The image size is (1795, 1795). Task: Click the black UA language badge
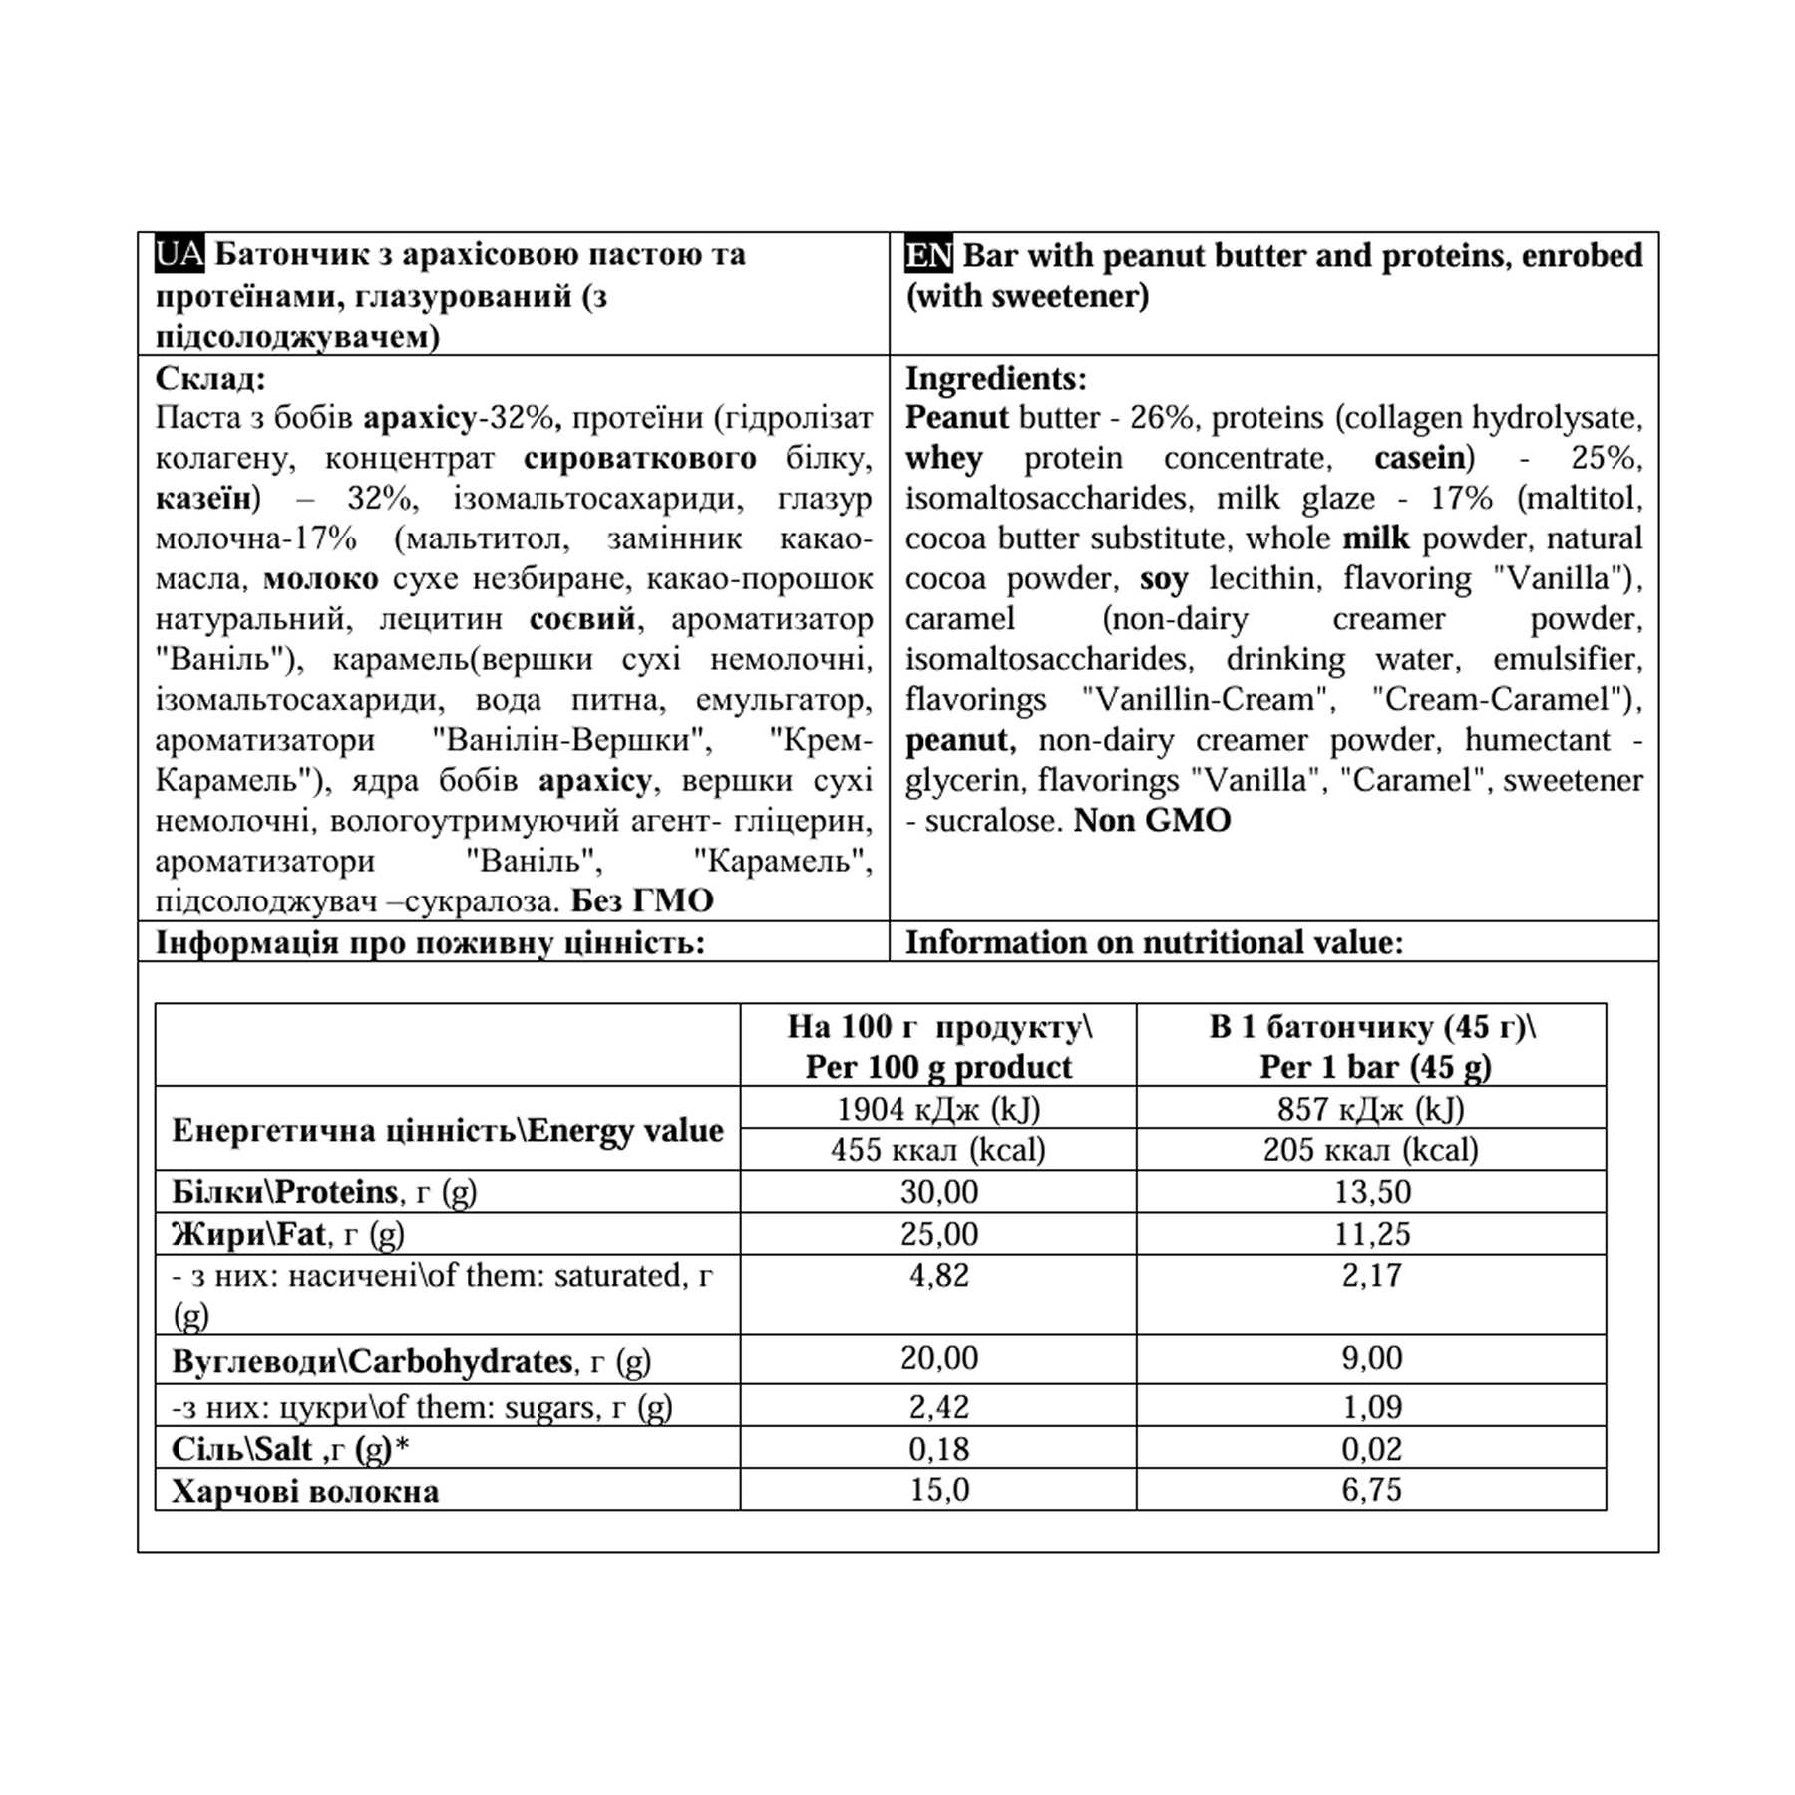(179, 255)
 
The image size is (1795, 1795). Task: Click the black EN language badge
(928, 255)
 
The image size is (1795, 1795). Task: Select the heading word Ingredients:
(995, 379)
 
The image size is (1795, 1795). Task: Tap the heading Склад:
(210, 379)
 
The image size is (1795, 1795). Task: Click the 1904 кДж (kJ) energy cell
(937, 1109)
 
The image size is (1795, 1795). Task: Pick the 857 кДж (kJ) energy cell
(1370, 1109)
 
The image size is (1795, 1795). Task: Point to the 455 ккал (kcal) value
(937, 1150)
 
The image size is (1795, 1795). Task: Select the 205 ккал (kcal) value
(1370, 1150)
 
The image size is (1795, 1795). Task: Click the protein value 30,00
(938, 1192)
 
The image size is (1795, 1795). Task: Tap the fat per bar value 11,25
(1371, 1235)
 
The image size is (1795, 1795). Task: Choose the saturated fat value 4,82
(938, 1276)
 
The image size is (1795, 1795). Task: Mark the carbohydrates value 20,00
(938, 1358)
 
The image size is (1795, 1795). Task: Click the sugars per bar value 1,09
(1371, 1407)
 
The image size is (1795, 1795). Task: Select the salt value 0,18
(938, 1449)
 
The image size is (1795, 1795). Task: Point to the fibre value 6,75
(1371, 1490)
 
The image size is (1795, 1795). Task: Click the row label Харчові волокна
(305, 1492)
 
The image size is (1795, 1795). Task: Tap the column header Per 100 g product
(937, 1067)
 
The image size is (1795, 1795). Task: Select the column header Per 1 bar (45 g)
(1374, 1067)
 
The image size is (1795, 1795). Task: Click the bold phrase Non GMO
(1152, 821)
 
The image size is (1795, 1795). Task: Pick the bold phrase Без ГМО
(642, 901)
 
